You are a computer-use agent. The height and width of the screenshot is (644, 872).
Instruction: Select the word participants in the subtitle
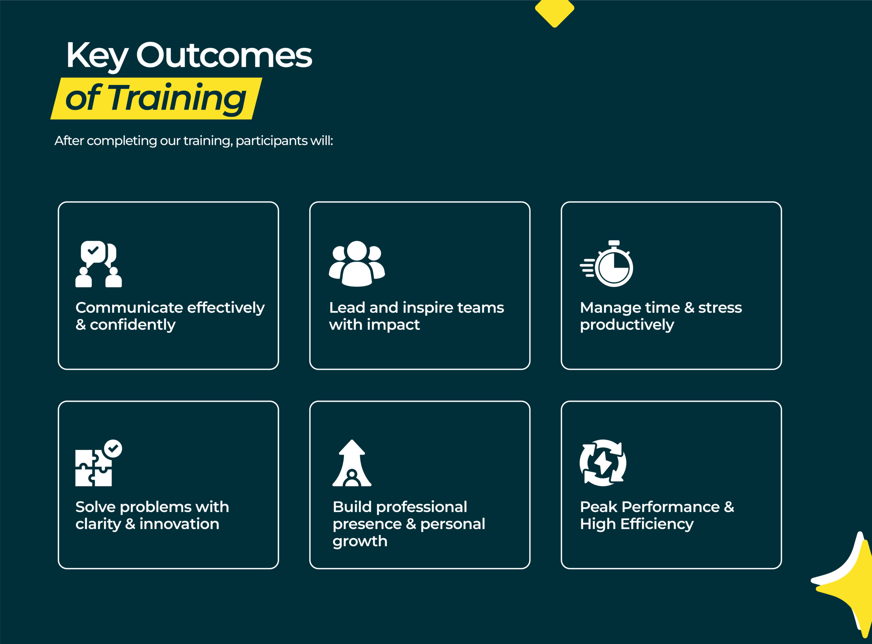click(271, 141)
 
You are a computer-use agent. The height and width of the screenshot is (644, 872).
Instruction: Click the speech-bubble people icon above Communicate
click(98, 264)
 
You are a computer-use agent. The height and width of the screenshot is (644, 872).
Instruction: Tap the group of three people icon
click(357, 264)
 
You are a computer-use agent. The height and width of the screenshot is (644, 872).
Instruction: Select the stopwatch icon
click(606, 264)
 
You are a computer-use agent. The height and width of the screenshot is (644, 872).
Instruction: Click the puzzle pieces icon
click(98, 463)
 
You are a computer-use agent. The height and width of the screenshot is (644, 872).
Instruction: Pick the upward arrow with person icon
click(352, 463)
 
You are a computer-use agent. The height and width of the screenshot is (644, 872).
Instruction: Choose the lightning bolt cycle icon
click(603, 463)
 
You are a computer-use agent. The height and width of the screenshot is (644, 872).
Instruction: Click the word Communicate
click(124, 308)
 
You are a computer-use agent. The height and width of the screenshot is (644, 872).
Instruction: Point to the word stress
click(720, 308)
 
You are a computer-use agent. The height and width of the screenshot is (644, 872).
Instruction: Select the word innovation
click(179, 524)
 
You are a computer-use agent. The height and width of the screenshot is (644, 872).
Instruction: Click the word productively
click(627, 325)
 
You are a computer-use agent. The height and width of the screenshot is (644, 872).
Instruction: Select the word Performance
click(671, 507)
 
